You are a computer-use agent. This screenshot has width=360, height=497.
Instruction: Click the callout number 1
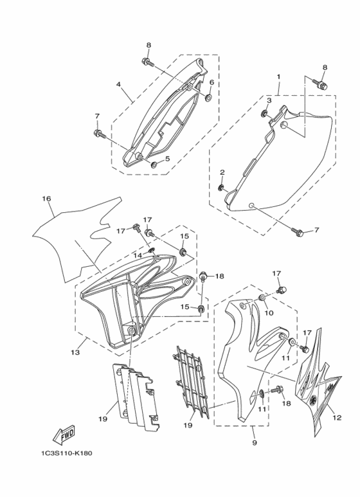point(278,77)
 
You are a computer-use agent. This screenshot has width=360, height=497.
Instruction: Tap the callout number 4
point(118,84)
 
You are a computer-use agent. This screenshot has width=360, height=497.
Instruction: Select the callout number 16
point(46,199)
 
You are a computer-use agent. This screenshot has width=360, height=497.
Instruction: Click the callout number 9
point(254,443)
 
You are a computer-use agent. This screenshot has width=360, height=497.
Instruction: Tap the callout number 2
point(222,172)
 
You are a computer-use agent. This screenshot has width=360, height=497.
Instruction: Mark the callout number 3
point(269,100)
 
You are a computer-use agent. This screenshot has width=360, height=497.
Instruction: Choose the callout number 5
point(167,159)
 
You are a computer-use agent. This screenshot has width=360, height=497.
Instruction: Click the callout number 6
point(211,83)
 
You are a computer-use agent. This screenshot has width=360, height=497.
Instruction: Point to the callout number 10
point(269,312)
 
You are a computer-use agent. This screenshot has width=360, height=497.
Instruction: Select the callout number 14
point(138,255)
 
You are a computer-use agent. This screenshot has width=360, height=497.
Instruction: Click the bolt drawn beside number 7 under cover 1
point(297,230)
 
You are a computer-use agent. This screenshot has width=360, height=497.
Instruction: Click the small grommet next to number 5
point(154,164)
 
